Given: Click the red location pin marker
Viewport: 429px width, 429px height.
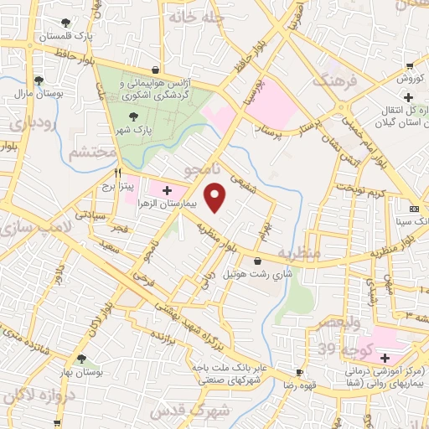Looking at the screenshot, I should (216, 197).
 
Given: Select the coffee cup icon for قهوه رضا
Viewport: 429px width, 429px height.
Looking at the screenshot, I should (300, 372).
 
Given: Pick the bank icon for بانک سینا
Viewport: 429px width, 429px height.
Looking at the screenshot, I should (414, 208).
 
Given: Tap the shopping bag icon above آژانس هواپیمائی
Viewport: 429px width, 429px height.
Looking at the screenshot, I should (155, 70).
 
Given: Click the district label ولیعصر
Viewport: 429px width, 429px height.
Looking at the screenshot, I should (336, 323).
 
